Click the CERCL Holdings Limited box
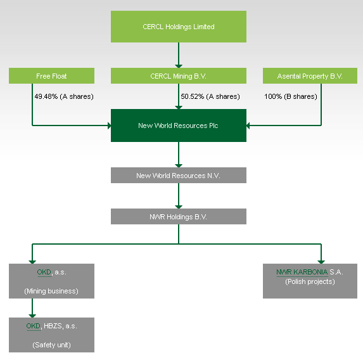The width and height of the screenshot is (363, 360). tap(179, 27)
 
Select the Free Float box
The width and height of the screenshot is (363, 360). tap(51, 76)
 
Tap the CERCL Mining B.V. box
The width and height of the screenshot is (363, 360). tap(179, 76)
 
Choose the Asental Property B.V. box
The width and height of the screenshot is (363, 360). tap(310, 76)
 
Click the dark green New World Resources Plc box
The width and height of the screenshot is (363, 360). tap(179, 125)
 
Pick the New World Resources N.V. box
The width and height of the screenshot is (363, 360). tap(179, 176)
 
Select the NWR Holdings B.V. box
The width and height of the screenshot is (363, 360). tap(179, 216)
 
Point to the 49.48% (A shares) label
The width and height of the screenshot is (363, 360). tap(64, 96)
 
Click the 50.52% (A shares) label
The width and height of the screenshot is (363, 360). tap(210, 96)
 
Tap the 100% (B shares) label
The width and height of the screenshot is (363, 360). tap(291, 96)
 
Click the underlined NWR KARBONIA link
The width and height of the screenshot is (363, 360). tap(302, 272)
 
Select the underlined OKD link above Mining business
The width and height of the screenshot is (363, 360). tap(44, 272)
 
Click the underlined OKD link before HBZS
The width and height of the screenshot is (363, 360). tap(34, 326)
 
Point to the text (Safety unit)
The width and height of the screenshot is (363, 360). tap(51, 345)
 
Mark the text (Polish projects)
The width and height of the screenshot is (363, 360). tap(310, 281)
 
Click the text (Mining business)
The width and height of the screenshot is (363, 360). tap(51, 291)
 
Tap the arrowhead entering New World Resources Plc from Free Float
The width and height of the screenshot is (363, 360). tap(109, 125)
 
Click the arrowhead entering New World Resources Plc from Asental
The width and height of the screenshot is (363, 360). tap(248, 125)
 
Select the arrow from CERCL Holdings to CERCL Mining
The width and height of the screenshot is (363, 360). tap(179, 55)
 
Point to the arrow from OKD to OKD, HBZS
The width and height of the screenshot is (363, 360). tap(32, 308)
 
